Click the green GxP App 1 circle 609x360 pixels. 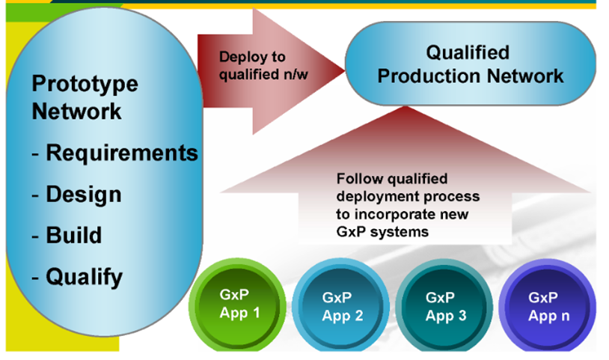coord(237,305)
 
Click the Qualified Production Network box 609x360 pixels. coord(471,64)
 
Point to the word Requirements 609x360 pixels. coord(122,153)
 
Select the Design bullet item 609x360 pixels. coord(76,194)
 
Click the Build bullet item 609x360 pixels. coord(67,235)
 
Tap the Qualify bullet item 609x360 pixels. coord(77,277)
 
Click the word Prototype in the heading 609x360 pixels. coord(85,85)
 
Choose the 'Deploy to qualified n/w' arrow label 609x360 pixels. coord(263,66)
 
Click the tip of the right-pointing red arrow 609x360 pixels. coord(344,70)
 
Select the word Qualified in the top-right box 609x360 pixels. coord(468,52)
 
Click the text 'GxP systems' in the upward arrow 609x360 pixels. coord(382,232)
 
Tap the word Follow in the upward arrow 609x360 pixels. coord(359,179)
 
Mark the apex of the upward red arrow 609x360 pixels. coord(405,106)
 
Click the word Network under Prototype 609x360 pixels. coord(76,112)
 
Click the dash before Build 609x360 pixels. coord(35,237)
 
